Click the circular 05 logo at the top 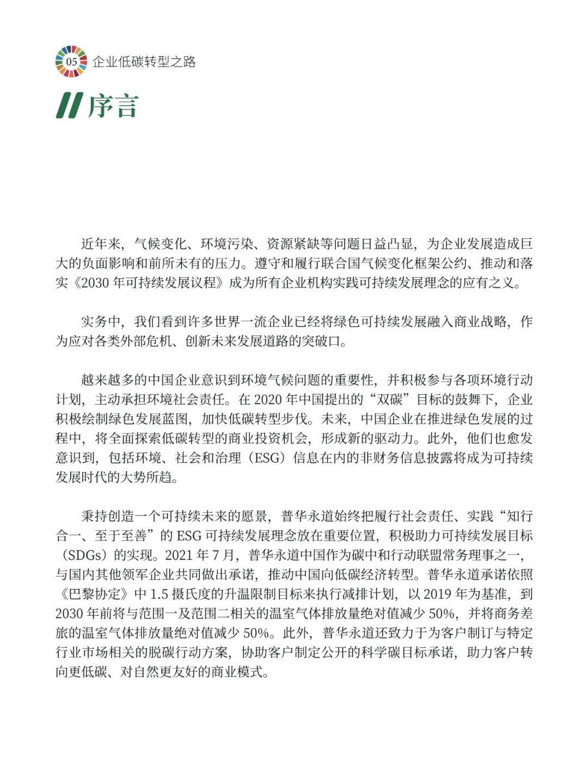(x=71, y=62)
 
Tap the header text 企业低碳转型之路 (x=144, y=62)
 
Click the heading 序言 (x=113, y=106)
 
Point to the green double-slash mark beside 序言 (x=70, y=106)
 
